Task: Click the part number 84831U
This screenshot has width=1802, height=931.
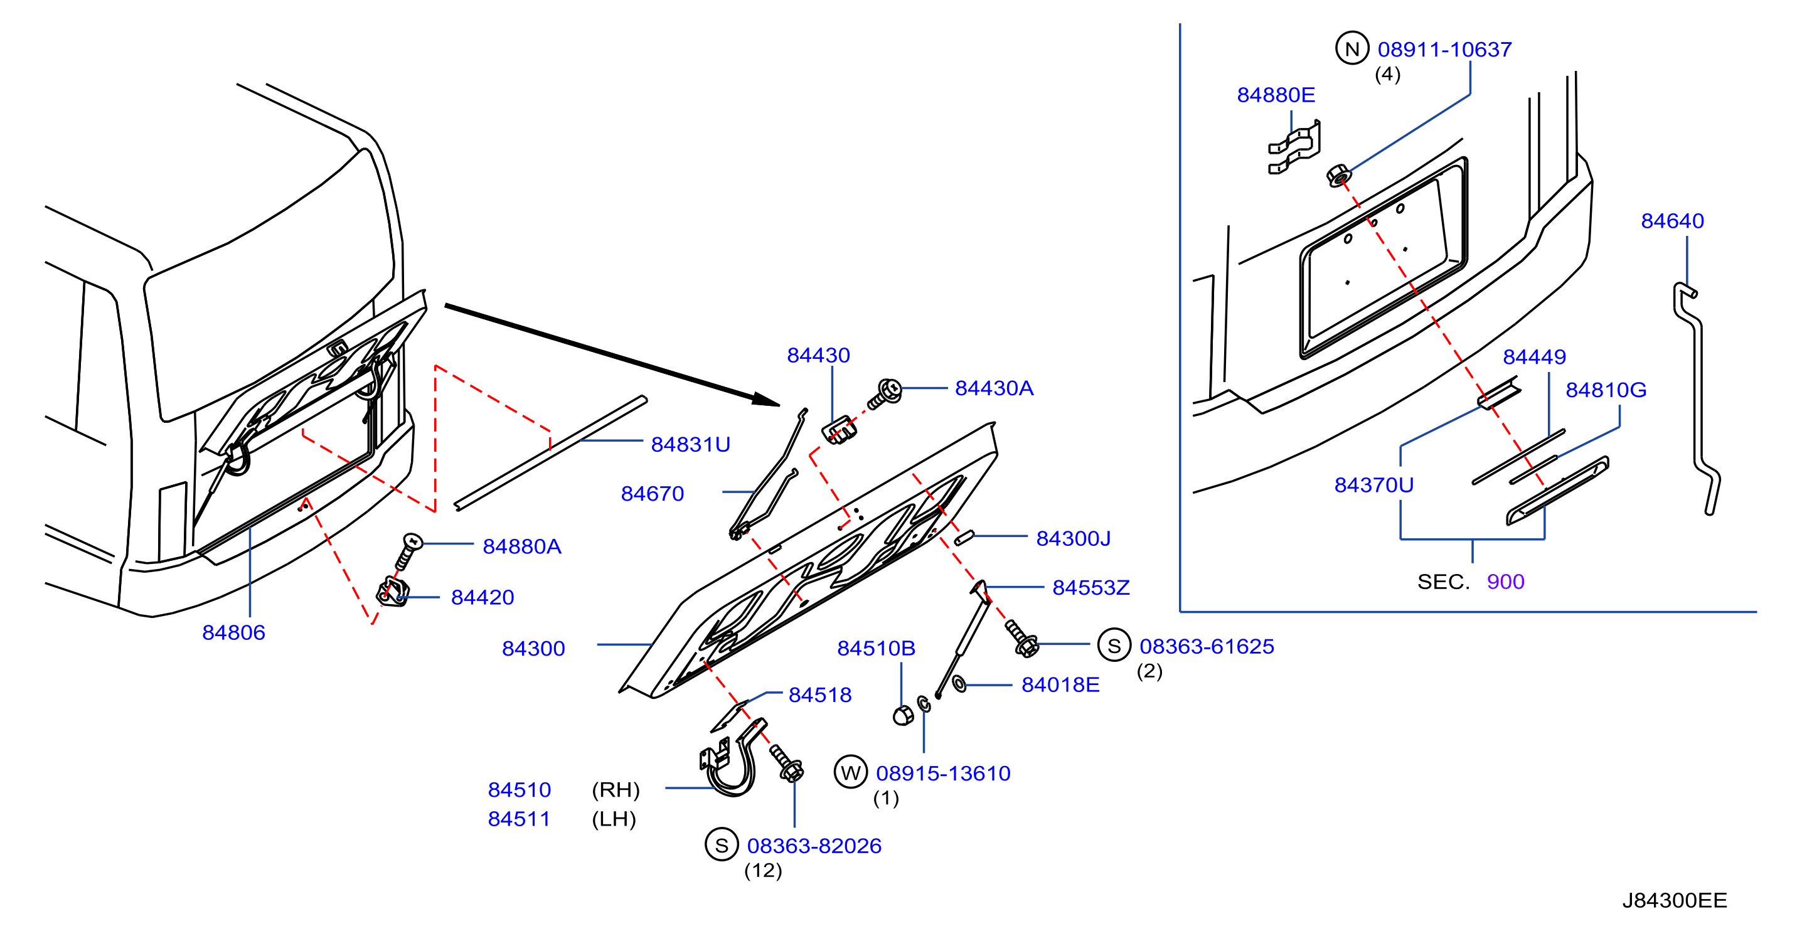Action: (690, 444)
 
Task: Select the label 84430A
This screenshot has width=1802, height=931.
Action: (994, 388)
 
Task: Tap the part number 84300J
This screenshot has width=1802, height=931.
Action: (1073, 539)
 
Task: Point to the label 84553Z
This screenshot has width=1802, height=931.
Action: (1090, 588)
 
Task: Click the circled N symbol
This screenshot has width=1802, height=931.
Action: (1351, 48)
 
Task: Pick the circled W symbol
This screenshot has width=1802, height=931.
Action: (851, 772)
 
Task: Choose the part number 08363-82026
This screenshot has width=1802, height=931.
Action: (814, 846)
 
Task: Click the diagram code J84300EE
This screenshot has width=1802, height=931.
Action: (1674, 900)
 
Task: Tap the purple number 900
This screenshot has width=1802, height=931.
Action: (1505, 582)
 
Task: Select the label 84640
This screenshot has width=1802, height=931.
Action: (1672, 221)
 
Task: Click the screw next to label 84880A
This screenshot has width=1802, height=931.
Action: (408, 550)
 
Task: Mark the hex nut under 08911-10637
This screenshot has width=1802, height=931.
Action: (1338, 175)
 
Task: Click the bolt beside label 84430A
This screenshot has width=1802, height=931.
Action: (885, 395)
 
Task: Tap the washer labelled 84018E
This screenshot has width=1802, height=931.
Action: (959, 683)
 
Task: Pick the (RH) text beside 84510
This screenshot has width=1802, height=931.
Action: (616, 790)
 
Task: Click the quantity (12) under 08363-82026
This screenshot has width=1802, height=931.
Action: (762, 870)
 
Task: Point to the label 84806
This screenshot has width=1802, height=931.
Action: (233, 632)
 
